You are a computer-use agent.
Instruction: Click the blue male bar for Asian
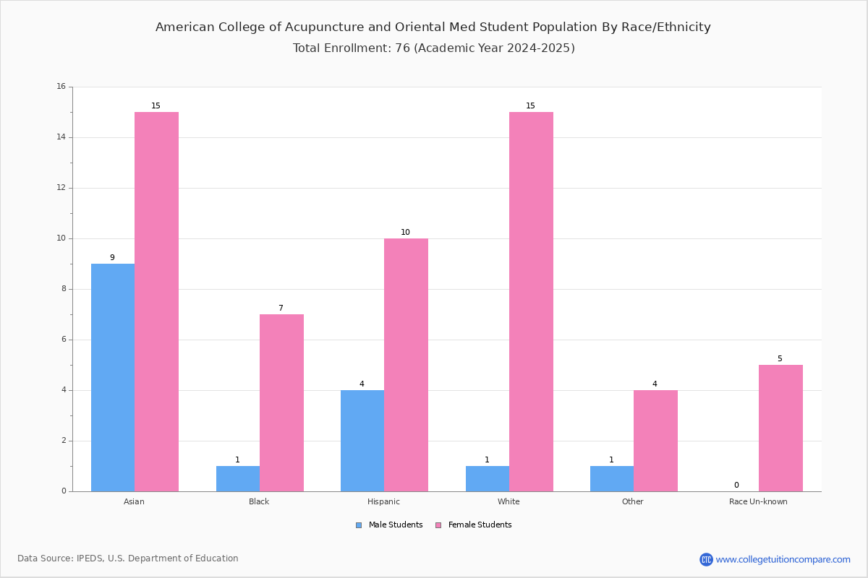click(113, 377)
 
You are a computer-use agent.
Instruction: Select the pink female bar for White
click(531, 301)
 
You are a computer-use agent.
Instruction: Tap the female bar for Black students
click(281, 403)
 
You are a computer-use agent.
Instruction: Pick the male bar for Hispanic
click(362, 441)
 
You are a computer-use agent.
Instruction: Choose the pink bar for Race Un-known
click(780, 428)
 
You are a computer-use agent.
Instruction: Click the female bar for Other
click(655, 441)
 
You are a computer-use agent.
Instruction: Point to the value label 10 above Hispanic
click(405, 232)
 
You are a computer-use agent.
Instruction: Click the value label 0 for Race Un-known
click(736, 485)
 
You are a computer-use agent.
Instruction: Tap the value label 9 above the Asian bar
click(112, 257)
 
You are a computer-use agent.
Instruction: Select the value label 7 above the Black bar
click(281, 308)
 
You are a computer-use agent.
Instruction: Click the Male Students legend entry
click(389, 525)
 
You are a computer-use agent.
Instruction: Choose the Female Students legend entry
click(474, 525)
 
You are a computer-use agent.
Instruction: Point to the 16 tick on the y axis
click(61, 86)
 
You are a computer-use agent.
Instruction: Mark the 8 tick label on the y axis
click(64, 289)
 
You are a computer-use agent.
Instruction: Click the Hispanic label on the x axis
click(383, 501)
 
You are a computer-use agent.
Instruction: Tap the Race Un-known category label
click(758, 501)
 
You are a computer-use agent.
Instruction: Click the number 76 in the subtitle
click(402, 48)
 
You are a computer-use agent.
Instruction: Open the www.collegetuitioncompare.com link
click(783, 559)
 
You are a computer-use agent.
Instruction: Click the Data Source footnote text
click(128, 558)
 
